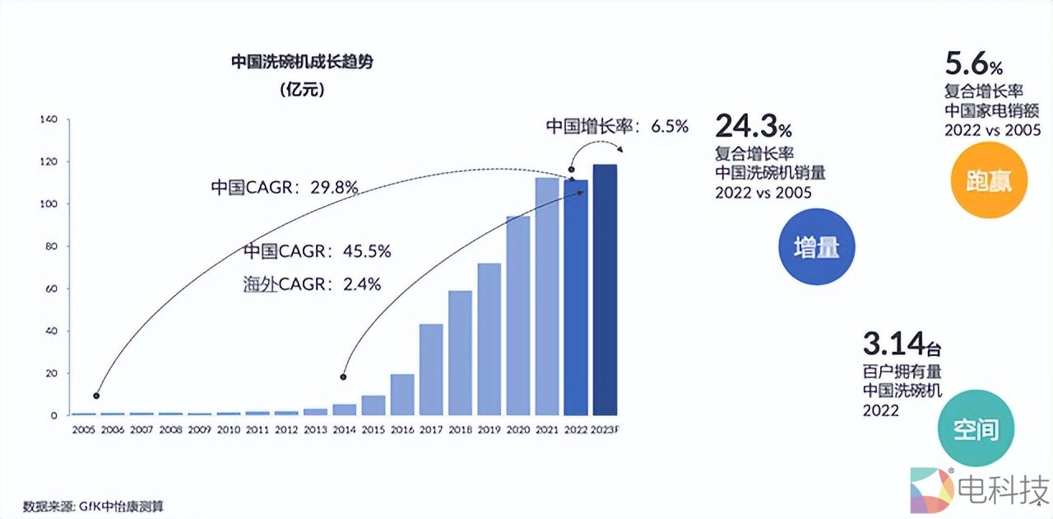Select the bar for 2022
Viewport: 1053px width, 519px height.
(576, 297)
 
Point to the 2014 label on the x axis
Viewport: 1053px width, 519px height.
(345, 430)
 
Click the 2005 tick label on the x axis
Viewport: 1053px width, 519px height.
(83, 430)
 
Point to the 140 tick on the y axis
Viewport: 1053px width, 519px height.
(49, 119)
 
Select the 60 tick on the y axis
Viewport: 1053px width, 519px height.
(51, 289)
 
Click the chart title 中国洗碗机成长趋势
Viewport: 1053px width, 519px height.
(301, 63)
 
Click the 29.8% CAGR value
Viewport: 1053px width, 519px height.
(334, 187)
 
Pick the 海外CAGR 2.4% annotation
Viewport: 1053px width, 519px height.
(312, 284)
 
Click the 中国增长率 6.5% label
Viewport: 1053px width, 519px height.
(617, 127)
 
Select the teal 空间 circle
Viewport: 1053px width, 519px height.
(976, 428)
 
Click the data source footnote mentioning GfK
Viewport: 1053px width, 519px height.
(99, 505)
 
